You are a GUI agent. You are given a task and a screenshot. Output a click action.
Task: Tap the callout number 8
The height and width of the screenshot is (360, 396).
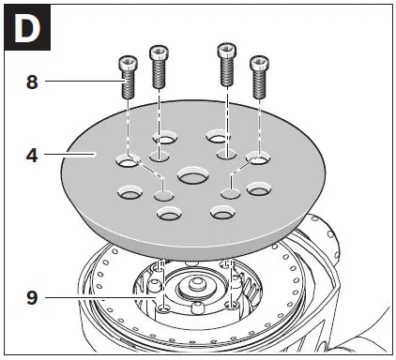pyautogui.click(x=32, y=82)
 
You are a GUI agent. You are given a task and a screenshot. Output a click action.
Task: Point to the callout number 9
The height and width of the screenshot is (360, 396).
pyautogui.click(x=32, y=299)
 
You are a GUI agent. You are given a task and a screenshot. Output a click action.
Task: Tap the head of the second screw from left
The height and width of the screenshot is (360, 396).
pyautogui.click(x=158, y=50)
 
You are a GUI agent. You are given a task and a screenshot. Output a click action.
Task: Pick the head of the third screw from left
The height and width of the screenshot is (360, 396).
pyautogui.click(x=225, y=50)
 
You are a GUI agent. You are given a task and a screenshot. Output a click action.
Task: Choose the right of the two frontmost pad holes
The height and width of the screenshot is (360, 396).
pyautogui.click(x=221, y=215)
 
